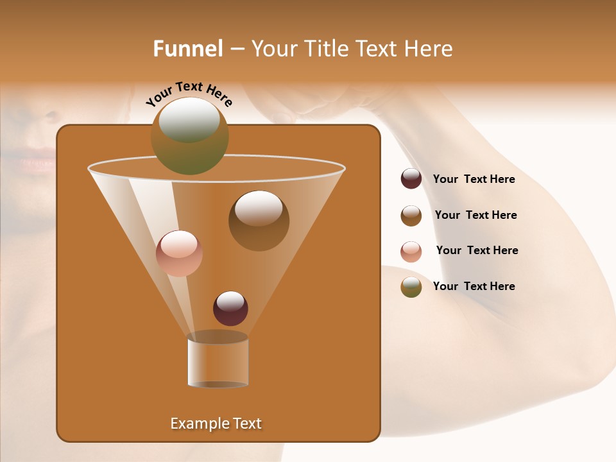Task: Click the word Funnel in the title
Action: click(188, 49)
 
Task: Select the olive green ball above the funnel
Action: click(189, 135)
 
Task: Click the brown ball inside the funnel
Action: click(259, 220)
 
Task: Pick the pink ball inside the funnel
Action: click(179, 253)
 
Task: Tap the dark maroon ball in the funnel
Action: click(230, 308)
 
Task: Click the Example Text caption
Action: click(216, 424)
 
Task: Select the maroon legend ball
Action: click(411, 179)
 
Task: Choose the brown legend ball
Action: click(411, 215)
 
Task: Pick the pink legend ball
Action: click(411, 251)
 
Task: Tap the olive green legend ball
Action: click(411, 287)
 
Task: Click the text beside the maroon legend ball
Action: click(474, 179)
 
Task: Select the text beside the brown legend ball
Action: click(475, 215)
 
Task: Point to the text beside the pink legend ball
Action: click(477, 250)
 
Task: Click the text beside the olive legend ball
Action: click(474, 286)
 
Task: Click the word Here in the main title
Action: click(430, 49)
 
